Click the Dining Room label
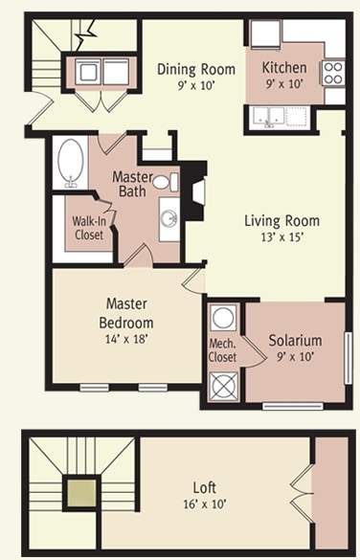tap(196, 69)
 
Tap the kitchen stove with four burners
tap(333, 73)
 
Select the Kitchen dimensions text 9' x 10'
tap(284, 84)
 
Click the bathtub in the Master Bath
tap(71, 164)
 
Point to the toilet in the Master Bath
tap(166, 182)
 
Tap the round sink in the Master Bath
tap(169, 218)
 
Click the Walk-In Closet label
tap(89, 228)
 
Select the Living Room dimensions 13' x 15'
tap(282, 237)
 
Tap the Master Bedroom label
tap(126, 313)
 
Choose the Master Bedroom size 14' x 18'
tap(126, 338)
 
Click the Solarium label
tap(295, 341)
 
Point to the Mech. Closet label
tap(222, 350)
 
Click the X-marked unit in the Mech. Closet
tap(224, 386)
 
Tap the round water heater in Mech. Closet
tap(223, 318)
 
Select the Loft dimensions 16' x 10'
tap(205, 504)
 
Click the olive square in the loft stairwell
tap(81, 493)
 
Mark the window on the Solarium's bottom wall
tap(293, 406)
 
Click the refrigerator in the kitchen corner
tap(265, 34)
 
